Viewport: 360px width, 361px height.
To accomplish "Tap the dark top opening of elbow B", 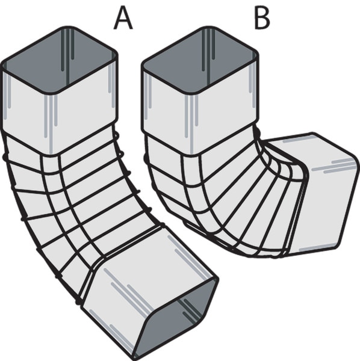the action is (200, 60).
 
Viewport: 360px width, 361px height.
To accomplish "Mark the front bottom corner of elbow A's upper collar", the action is (51, 156).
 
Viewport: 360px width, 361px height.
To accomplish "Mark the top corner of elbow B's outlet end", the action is (313, 133).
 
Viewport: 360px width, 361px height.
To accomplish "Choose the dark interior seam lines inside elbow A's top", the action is (67, 50).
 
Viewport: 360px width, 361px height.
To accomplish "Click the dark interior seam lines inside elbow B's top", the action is (209, 50).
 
